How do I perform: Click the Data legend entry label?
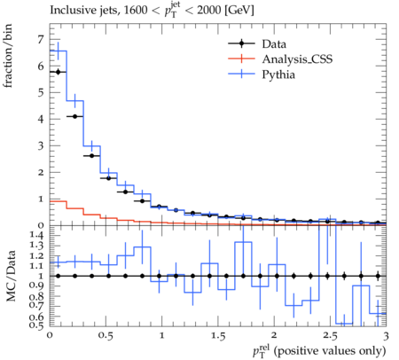pos(274,44)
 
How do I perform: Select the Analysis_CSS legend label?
pos(297,59)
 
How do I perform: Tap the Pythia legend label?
pos(278,74)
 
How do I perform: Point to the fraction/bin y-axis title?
pos(8,56)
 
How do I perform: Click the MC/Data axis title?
pos(11,276)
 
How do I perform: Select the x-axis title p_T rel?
pos(319,351)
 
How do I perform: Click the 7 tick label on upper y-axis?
pos(41,39)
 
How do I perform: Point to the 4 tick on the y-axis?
pos(41,119)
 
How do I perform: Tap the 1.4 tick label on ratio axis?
pos(36,236)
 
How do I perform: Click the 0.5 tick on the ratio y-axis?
pos(36,325)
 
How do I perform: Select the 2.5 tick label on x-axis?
pos(330,336)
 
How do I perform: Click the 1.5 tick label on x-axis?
pos(217,336)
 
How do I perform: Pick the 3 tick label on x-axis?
pos(386,336)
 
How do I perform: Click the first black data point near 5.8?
pos(58,72)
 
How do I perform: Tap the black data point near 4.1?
pos(74,116)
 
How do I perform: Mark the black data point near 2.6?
pos(91,156)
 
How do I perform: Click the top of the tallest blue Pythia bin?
pos(58,51)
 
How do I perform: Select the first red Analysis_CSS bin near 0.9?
pos(58,201)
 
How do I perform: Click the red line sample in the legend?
pos(241,59)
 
